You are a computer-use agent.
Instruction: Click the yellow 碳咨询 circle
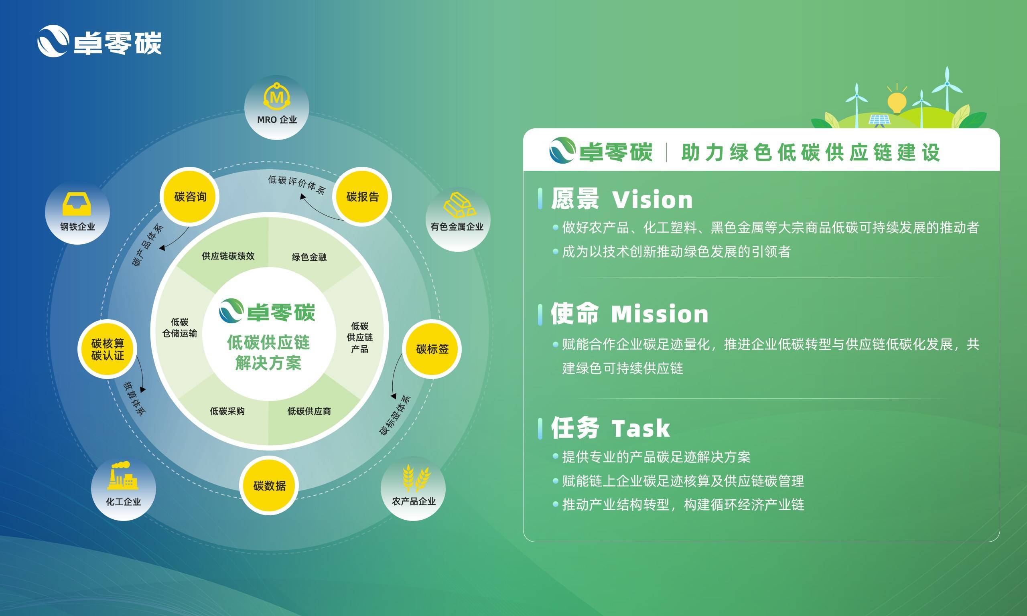(190, 197)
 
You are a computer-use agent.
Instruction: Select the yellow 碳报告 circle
(362, 197)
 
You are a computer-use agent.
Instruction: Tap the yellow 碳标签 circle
(432, 349)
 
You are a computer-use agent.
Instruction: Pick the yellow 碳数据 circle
(269, 485)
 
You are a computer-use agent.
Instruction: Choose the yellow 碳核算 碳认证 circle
(108, 349)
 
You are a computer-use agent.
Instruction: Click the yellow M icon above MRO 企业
(276, 96)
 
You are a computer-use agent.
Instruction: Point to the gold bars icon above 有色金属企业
(459, 204)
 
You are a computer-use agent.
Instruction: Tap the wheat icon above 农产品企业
(416, 478)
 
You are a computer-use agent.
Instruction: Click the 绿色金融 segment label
(309, 257)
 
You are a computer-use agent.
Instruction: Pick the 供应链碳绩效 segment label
(228, 256)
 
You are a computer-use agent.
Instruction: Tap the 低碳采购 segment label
(227, 411)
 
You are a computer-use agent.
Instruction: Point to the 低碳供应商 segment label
(309, 411)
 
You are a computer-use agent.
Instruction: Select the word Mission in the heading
(660, 314)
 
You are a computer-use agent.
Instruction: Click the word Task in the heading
(641, 428)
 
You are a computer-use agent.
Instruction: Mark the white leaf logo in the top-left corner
(53, 41)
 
